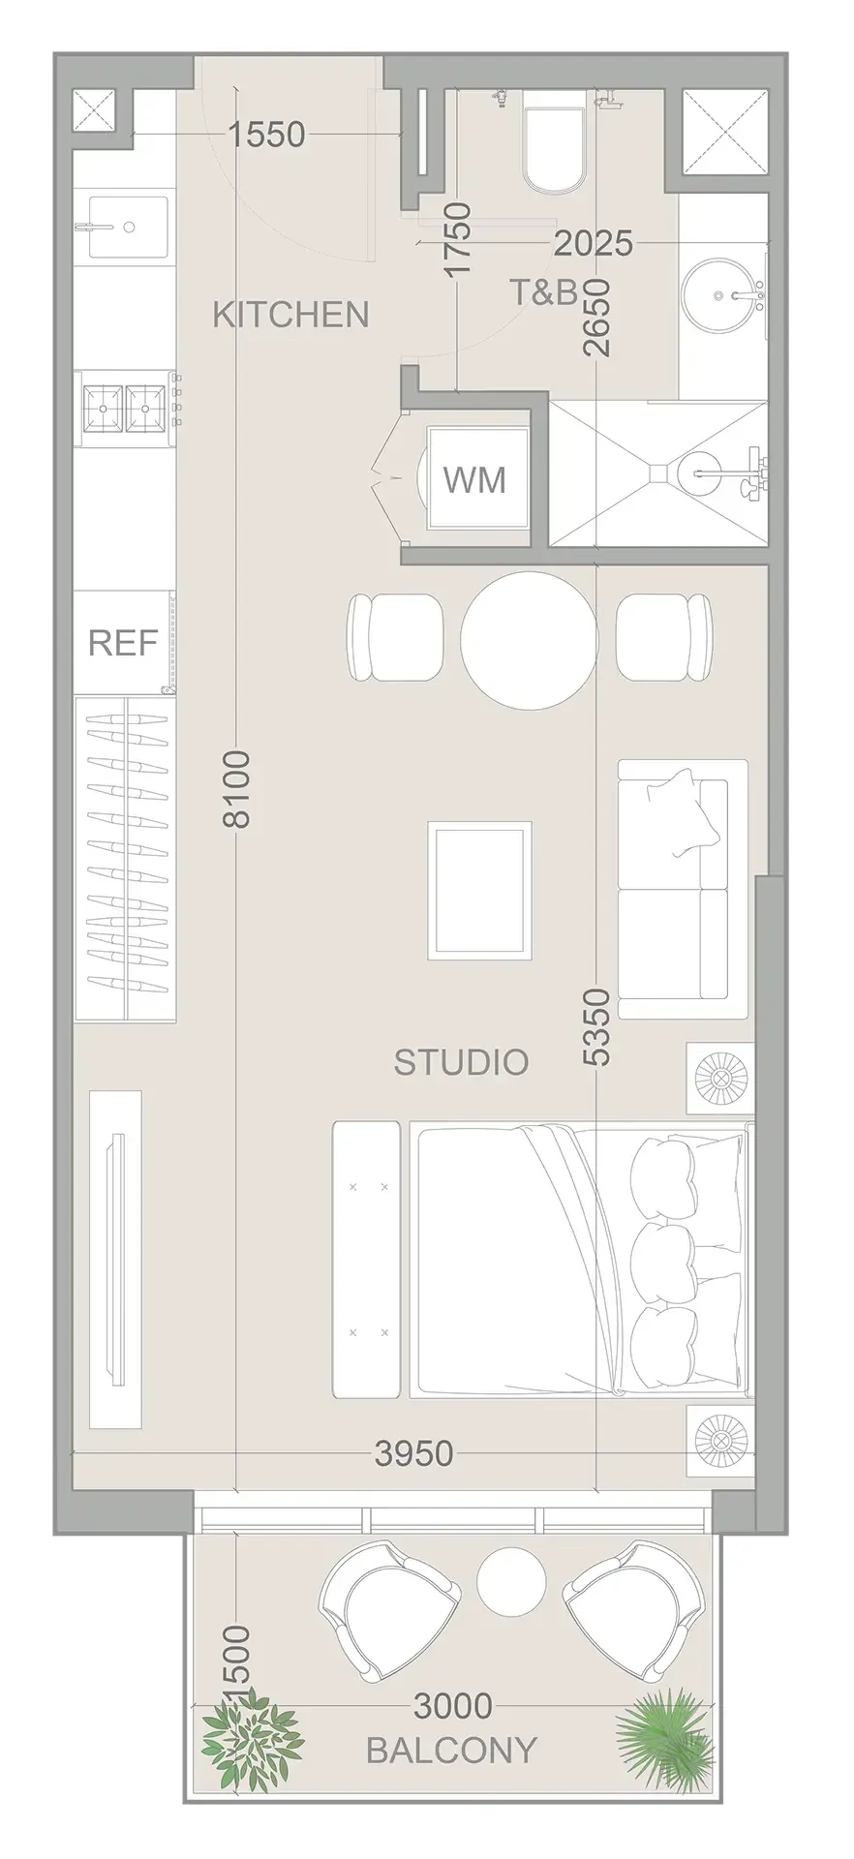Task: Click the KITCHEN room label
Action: coord(290,315)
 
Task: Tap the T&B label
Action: coord(543,291)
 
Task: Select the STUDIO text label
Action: coord(461,1062)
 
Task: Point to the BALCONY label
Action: coord(451,1750)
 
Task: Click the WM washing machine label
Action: coord(474,479)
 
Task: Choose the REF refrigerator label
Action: coord(123,643)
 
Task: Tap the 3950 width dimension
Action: coord(414,1453)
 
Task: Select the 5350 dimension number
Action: coord(598,1027)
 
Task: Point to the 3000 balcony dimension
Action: coord(453,1705)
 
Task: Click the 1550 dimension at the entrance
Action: coord(267,134)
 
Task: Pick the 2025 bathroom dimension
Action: coord(593,243)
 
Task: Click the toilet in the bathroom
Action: coord(553,149)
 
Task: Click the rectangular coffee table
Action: coord(481,890)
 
